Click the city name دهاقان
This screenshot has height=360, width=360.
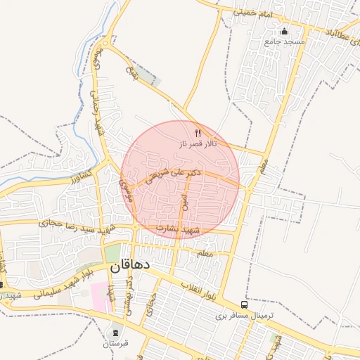point(129,267)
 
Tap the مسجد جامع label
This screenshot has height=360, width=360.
point(284,42)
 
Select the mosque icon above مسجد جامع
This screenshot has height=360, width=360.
point(284,31)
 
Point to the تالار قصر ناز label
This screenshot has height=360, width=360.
point(198,143)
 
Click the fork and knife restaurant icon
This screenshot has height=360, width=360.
point(198,132)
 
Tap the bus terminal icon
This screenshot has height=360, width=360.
point(244,304)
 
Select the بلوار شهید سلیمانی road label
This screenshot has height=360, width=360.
point(56,285)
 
